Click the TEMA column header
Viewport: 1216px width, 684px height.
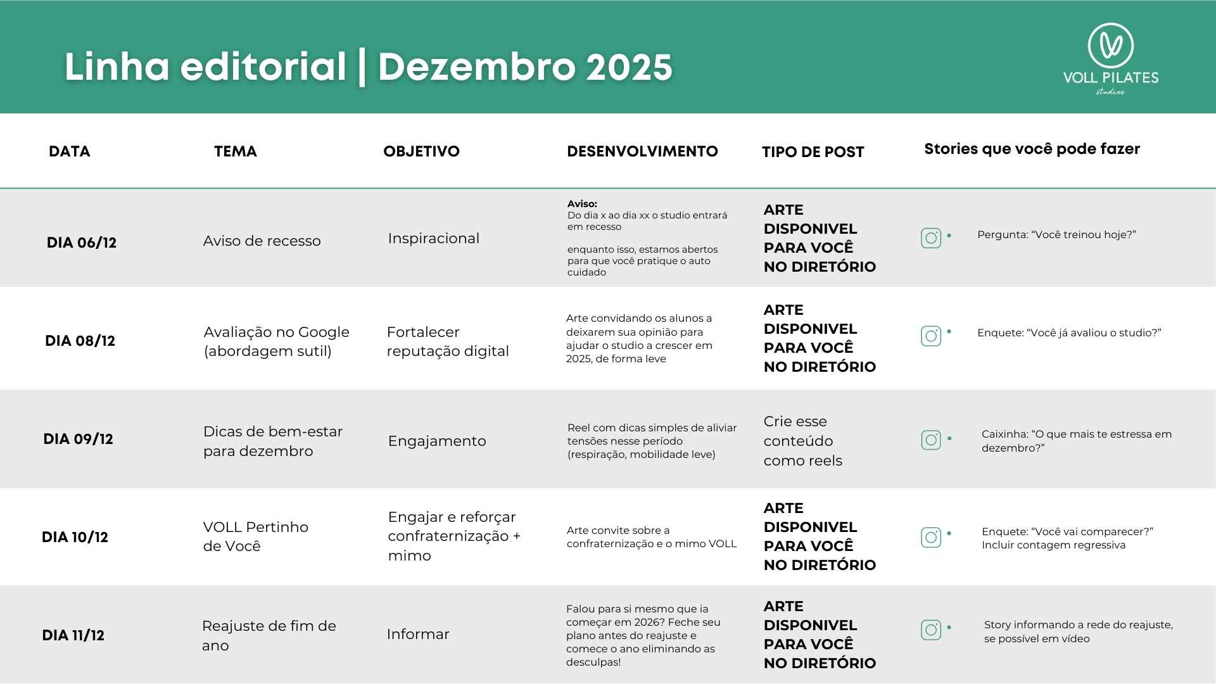pyautogui.click(x=236, y=151)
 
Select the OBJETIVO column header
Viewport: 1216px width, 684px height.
pyautogui.click(x=421, y=151)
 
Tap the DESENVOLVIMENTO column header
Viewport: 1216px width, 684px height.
pyautogui.click(x=642, y=151)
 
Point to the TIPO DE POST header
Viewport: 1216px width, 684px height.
pyautogui.click(x=813, y=152)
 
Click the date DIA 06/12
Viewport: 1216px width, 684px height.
pyautogui.click(x=82, y=243)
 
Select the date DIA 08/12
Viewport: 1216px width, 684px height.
pyautogui.click(x=80, y=341)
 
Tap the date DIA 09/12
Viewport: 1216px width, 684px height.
pyautogui.click(x=78, y=439)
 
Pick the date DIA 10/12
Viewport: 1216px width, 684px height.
pyautogui.click(x=75, y=537)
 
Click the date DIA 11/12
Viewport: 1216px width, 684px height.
pyautogui.click(x=73, y=635)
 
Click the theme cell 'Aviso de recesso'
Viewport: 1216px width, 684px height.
pyautogui.click(x=262, y=241)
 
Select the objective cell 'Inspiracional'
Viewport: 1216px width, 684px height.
pyautogui.click(x=433, y=238)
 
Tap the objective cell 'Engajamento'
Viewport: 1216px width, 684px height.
pyautogui.click(x=437, y=441)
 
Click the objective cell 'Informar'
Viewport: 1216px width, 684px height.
pyautogui.click(x=418, y=634)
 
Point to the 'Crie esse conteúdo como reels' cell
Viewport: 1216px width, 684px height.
pyautogui.click(x=802, y=441)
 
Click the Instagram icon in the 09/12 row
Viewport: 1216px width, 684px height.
pyautogui.click(x=931, y=440)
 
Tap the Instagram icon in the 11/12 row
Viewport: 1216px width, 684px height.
pyautogui.click(x=931, y=630)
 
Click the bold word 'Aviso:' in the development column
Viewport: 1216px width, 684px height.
pyautogui.click(x=582, y=204)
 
